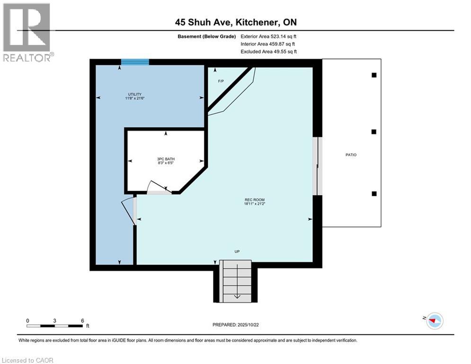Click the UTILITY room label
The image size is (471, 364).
[x=134, y=94]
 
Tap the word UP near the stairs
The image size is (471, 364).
[x=237, y=251]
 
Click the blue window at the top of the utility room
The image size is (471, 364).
[x=135, y=62]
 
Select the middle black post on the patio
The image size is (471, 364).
[x=374, y=132]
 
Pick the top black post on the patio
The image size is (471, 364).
[x=374, y=75]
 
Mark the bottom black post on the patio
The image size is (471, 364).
[x=374, y=193]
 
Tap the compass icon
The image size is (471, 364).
[x=434, y=321]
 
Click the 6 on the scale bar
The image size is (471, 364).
[x=82, y=320]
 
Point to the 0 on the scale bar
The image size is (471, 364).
[x=28, y=320]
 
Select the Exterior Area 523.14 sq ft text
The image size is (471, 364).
[x=268, y=36]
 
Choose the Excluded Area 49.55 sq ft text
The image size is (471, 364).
[x=268, y=51]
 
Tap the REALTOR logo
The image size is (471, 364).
[x=27, y=32]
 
